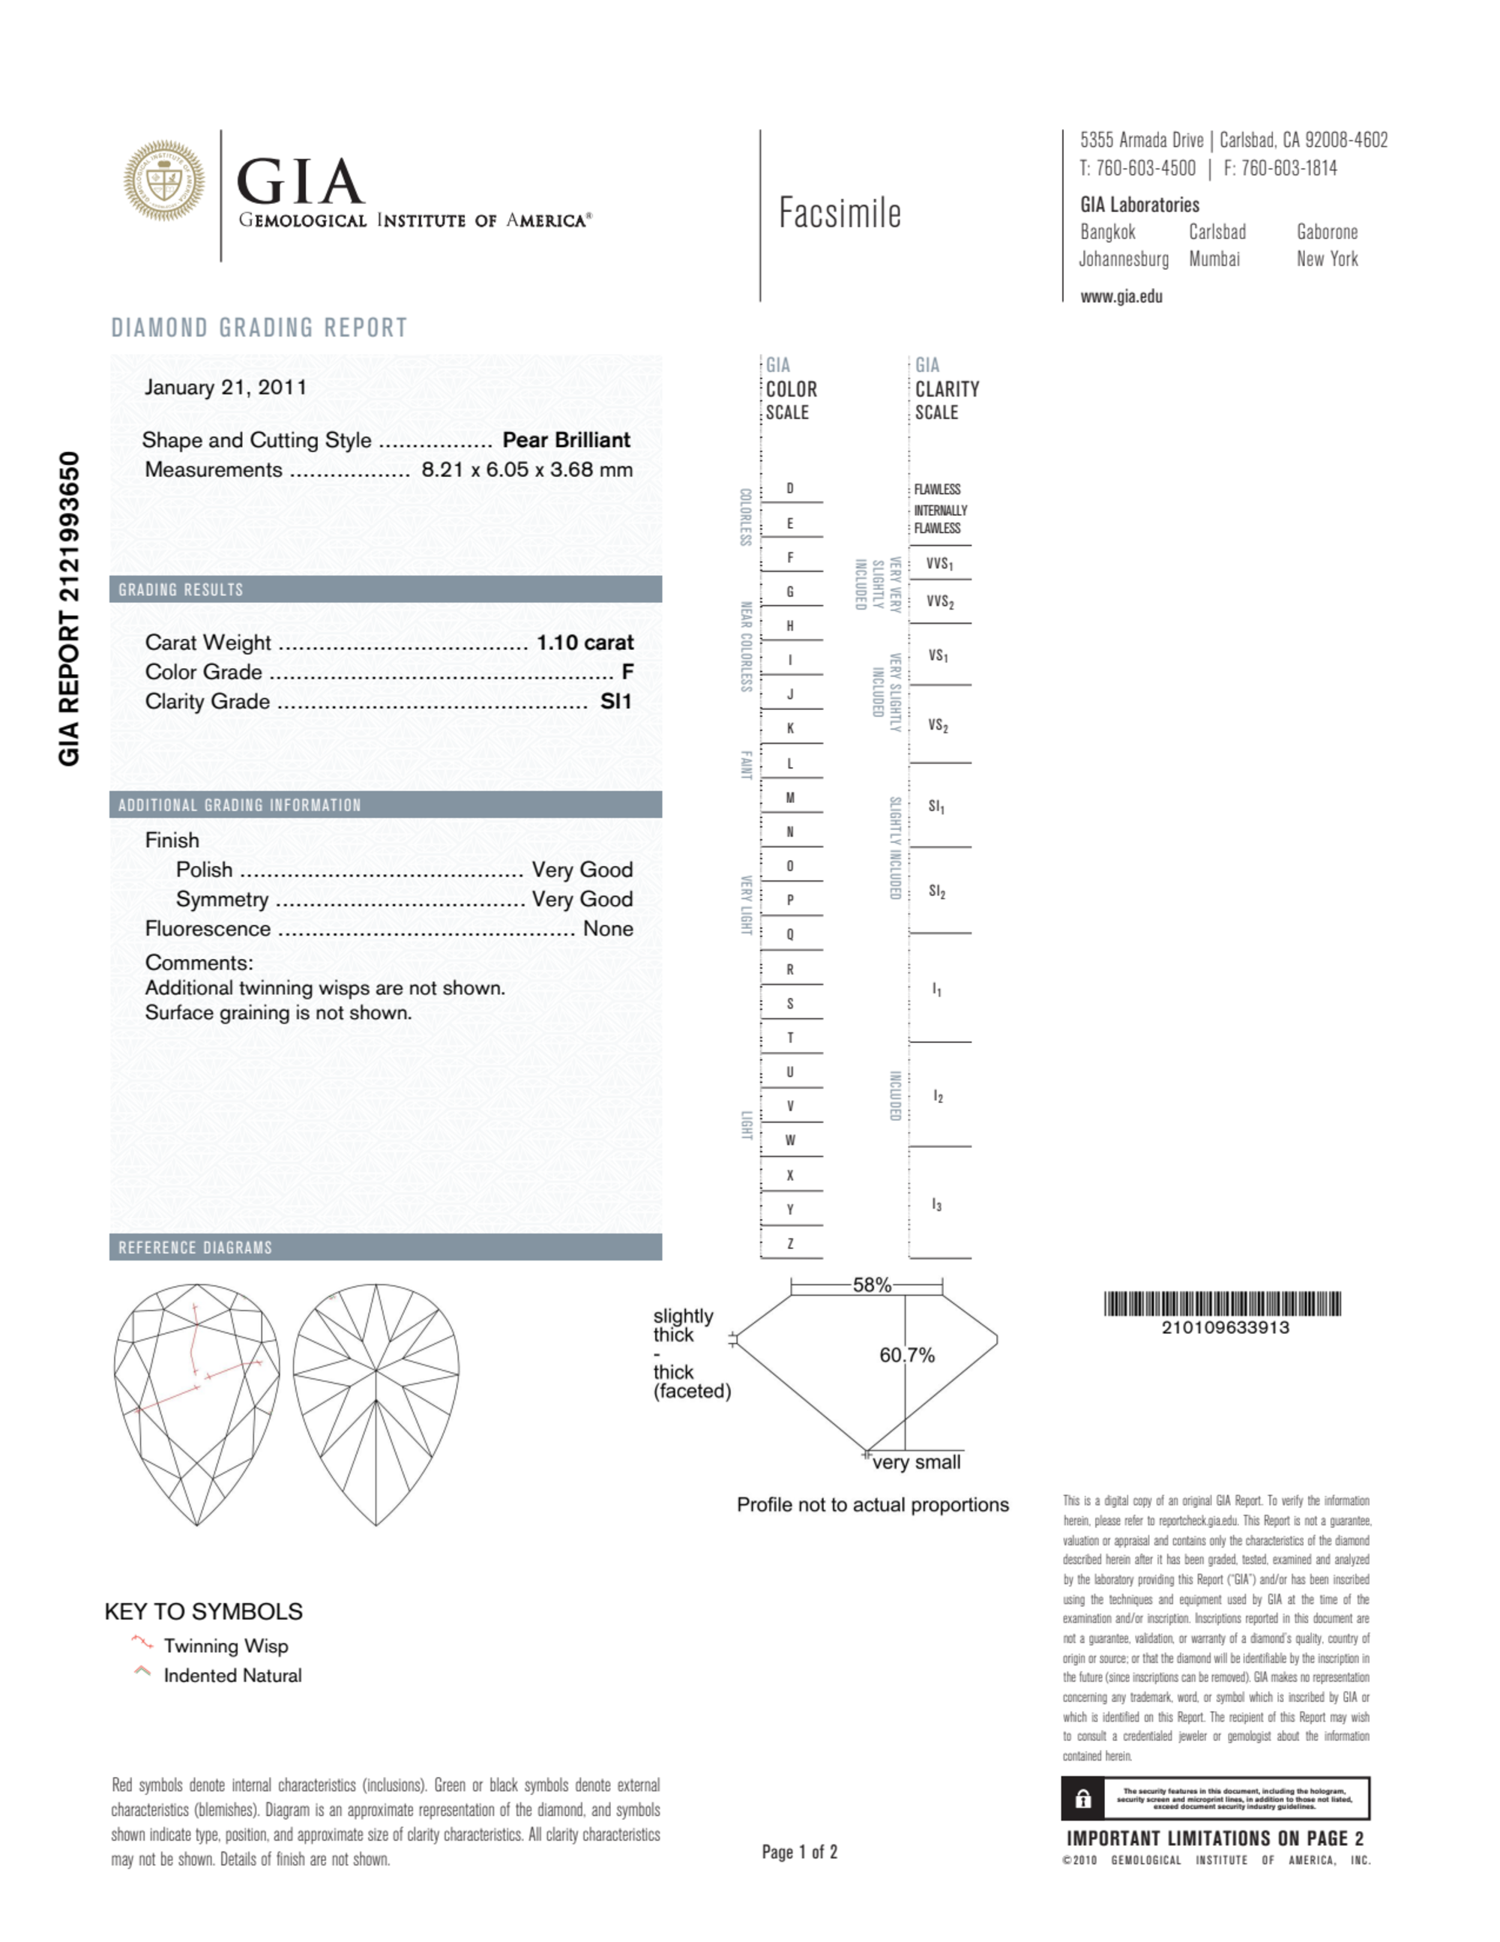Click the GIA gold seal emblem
[163, 181]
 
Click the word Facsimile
[840, 214]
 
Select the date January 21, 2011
[226, 388]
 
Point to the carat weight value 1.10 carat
[584, 642]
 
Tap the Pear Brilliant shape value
[565, 440]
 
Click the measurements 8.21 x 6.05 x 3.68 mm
[526, 469]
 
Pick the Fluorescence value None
[608, 928]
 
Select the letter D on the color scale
[789, 488]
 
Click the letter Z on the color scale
[789, 1243]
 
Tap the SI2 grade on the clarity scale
[937, 891]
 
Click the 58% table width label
[871, 1285]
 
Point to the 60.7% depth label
[907, 1355]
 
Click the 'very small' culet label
[916, 1462]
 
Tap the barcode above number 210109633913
[1223, 1304]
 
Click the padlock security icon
[1083, 1799]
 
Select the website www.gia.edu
[1121, 297]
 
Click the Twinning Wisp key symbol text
[226, 1646]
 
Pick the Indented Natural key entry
[232, 1675]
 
